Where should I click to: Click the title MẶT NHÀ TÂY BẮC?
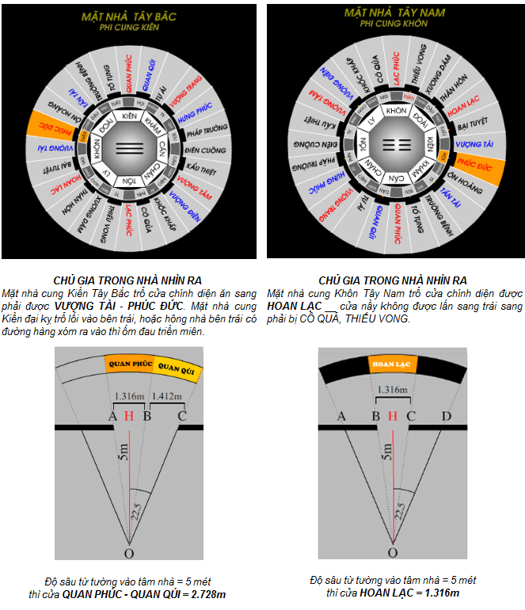click(131, 16)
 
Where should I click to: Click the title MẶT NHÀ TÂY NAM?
click(394, 13)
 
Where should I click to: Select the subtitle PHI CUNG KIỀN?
click(131, 27)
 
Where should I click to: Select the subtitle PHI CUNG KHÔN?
click(394, 24)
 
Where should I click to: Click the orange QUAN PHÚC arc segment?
click(128, 364)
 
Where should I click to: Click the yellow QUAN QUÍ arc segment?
click(174, 368)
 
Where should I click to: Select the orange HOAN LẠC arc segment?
click(394, 364)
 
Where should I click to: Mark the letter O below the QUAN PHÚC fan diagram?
click(128, 553)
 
